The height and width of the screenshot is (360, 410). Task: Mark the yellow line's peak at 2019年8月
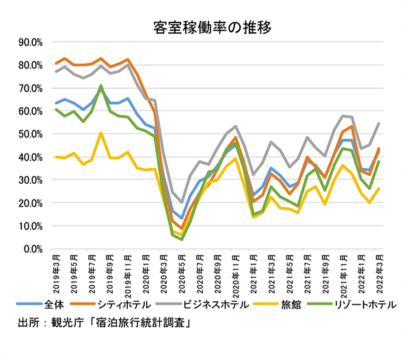click(101, 133)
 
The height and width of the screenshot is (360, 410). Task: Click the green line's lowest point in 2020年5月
click(182, 239)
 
